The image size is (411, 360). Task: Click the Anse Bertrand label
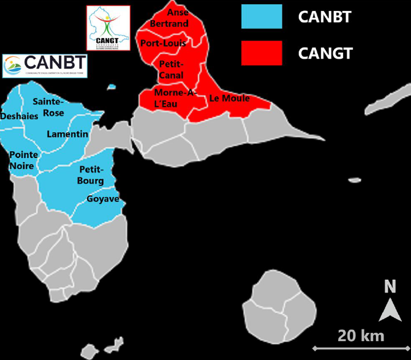coord(170,18)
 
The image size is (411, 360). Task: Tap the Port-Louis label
coord(163,43)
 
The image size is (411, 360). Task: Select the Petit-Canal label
coord(171,69)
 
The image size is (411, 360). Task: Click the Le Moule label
coord(229,98)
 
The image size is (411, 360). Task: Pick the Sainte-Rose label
coord(48,107)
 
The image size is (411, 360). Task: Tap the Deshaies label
coord(20,116)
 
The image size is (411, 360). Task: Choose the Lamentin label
coord(67,134)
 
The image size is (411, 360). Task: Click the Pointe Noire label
coord(23,160)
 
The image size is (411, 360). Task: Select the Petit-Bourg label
coord(91,174)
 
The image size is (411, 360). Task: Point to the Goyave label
coord(102,199)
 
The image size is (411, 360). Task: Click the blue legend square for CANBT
coord(262,17)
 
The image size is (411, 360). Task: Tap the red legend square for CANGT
coord(262,53)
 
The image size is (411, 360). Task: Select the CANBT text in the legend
coord(325,17)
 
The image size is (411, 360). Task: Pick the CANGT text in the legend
coord(325,53)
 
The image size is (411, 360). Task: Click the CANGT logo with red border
coord(108,28)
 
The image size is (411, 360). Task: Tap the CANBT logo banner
coord(45,66)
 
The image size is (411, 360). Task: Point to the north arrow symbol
coord(390,310)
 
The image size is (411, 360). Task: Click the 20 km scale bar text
coord(360,335)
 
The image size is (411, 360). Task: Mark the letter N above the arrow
coord(390,287)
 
